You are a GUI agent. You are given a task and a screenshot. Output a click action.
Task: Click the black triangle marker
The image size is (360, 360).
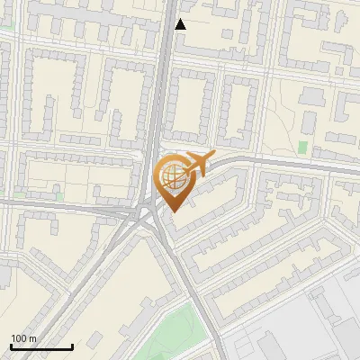pos(181,24)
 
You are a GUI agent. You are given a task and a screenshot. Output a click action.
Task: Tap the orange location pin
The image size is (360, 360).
pos(174,180)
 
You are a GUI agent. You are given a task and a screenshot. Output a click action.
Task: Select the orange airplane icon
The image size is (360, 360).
pos(197,164)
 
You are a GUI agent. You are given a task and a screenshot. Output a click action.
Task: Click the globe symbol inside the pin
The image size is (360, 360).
pos(173,175)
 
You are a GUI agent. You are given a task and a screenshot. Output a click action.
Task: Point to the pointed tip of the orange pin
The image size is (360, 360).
pos(174,211)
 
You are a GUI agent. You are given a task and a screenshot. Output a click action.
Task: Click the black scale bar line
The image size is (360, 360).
pos(41,346)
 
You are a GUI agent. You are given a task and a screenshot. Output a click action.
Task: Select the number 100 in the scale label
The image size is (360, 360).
pos(20,338)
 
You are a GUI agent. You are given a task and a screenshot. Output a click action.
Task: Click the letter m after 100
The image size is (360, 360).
pos(32,338)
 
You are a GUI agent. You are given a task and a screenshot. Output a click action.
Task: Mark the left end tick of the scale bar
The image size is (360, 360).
pos(11,346)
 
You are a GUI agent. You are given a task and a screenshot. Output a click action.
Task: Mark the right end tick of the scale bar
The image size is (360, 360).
pos(72,346)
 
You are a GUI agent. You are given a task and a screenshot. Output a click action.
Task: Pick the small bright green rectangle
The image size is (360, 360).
pos(303,147)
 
